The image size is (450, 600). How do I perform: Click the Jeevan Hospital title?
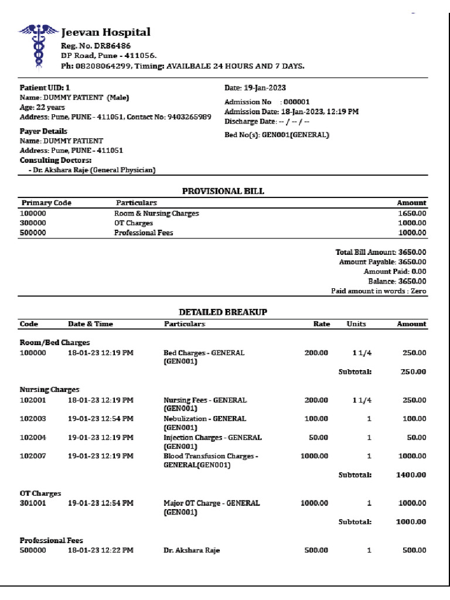pyautogui.click(x=106, y=33)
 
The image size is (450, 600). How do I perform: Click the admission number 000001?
pyautogui.click(x=296, y=102)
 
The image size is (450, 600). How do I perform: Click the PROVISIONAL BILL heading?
pyautogui.click(x=223, y=191)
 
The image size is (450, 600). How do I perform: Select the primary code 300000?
pyautogui.click(x=33, y=223)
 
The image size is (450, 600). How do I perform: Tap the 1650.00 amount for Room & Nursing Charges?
pyautogui.click(x=412, y=213)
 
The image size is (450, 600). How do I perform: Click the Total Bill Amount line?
pyautogui.click(x=381, y=252)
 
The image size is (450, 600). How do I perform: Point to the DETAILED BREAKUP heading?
pyautogui.click(x=223, y=312)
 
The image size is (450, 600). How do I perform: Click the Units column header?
pyautogui.click(x=356, y=324)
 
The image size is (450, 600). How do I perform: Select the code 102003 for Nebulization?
pyautogui.click(x=33, y=419)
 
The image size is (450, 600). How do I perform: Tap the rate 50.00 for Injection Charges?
pyautogui.click(x=318, y=438)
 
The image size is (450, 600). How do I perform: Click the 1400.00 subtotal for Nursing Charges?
pyautogui.click(x=411, y=475)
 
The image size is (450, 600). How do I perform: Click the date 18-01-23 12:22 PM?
pyautogui.click(x=100, y=550)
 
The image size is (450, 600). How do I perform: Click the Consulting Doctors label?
pyautogui.click(x=56, y=160)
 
